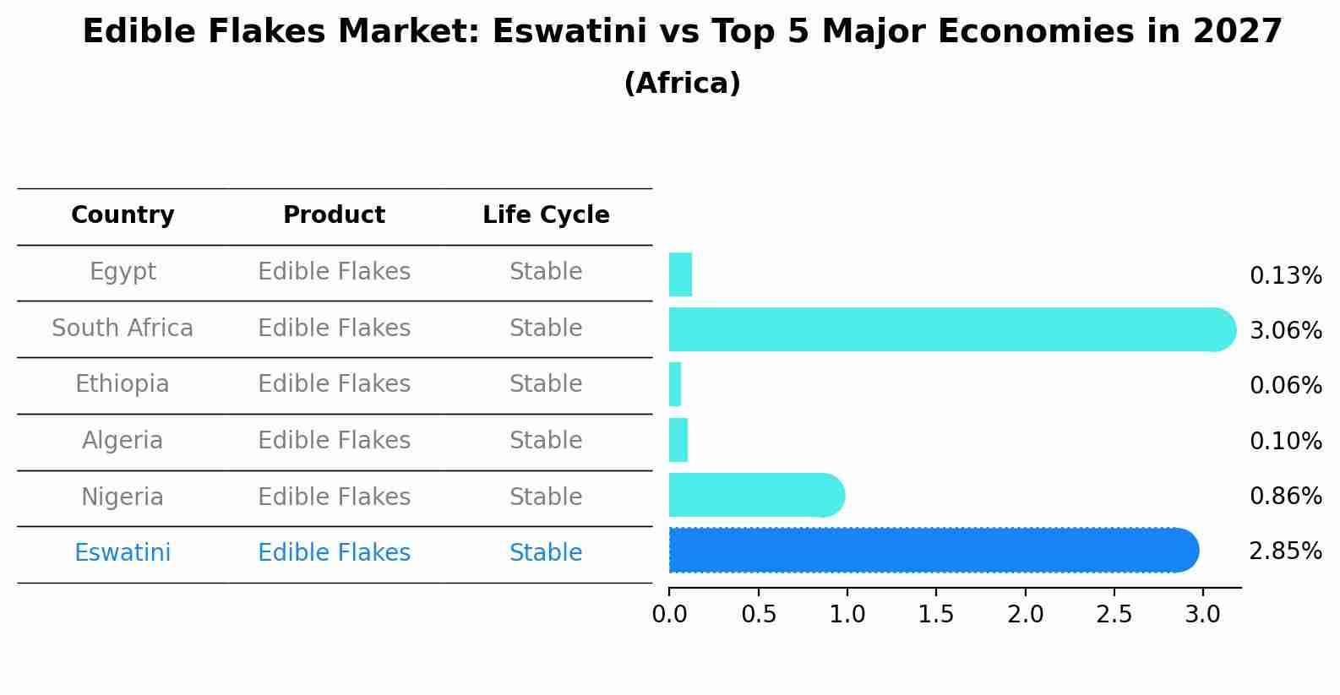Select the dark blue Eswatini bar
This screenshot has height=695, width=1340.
(x=929, y=551)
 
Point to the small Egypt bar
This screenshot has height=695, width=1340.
(x=680, y=274)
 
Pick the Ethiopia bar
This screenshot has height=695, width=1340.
(x=675, y=384)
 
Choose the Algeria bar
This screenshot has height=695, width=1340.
(x=678, y=440)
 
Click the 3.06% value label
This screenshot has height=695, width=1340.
(x=1285, y=330)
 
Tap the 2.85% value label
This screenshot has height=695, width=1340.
(x=1285, y=551)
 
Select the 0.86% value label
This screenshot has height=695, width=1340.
(x=1285, y=496)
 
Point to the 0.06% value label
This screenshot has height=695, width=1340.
(x=1285, y=386)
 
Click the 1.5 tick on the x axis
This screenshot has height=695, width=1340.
(x=936, y=614)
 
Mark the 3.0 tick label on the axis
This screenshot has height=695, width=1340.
(x=1203, y=614)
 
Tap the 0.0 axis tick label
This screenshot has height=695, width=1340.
(x=669, y=614)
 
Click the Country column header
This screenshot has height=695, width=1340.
(x=123, y=215)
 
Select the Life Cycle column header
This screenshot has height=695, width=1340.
(x=546, y=215)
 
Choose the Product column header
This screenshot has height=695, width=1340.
(x=334, y=215)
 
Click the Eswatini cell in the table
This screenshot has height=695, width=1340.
(x=123, y=553)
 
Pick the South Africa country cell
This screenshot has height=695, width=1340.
(x=123, y=328)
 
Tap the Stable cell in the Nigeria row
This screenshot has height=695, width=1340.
(x=546, y=497)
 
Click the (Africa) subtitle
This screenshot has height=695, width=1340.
(x=682, y=84)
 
